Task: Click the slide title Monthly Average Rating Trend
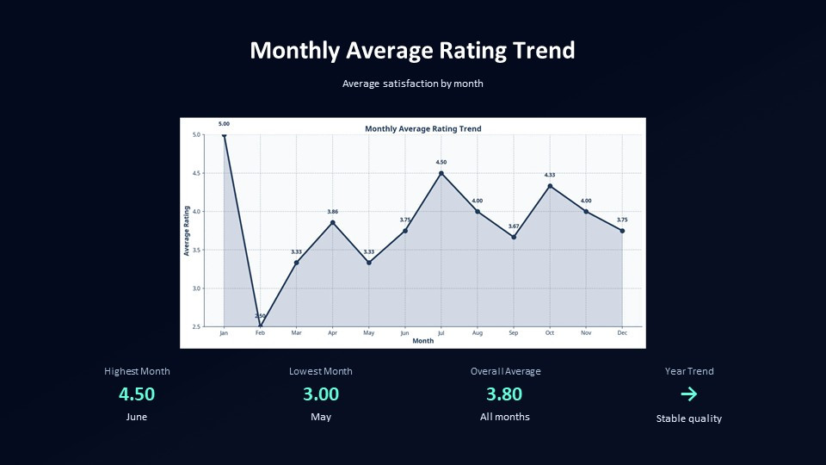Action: click(412, 50)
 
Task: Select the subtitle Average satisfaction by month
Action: click(412, 84)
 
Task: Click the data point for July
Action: click(441, 173)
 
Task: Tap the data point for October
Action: click(550, 186)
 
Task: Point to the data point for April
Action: click(332, 222)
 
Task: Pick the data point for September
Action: click(514, 237)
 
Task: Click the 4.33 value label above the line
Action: click(550, 175)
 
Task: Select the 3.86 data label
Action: click(332, 211)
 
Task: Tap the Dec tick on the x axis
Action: click(622, 332)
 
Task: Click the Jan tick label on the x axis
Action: click(224, 332)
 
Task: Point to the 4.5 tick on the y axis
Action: click(197, 173)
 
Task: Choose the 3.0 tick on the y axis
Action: click(197, 288)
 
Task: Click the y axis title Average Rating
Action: click(187, 231)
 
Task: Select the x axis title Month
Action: click(423, 341)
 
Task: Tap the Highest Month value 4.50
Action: click(137, 394)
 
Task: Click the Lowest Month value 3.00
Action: click(321, 394)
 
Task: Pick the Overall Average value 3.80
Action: click(504, 394)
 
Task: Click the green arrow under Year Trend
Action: click(688, 394)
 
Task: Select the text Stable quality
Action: click(688, 418)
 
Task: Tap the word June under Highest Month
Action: click(137, 417)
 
